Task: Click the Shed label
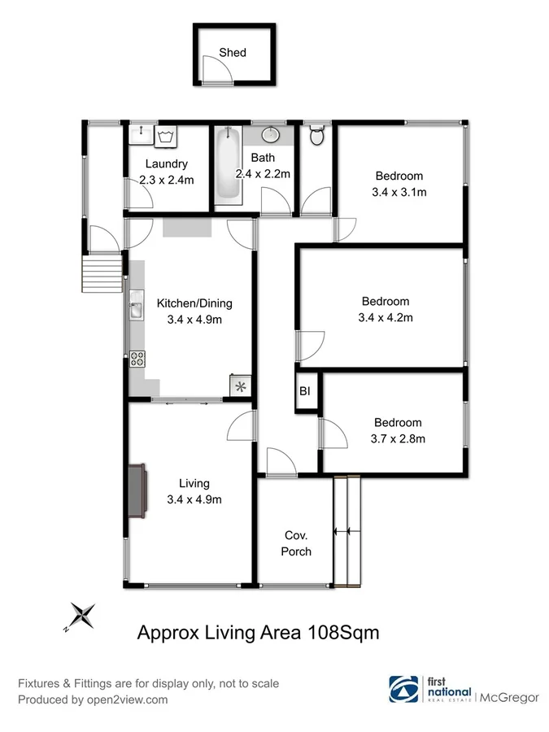[x=232, y=53]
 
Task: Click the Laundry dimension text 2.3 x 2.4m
[x=165, y=180]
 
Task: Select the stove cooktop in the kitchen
[x=136, y=357]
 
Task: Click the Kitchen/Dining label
[x=194, y=303]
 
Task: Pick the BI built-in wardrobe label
[x=305, y=392]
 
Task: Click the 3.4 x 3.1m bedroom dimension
[x=399, y=193]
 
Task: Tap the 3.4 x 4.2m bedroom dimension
[x=385, y=317]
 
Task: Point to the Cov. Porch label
[x=296, y=543]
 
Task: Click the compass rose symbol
[x=81, y=616]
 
